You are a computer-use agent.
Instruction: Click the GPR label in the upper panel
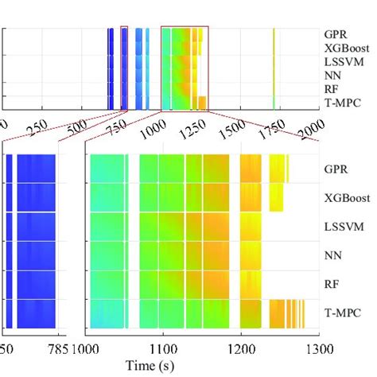pyautogui.click(x=335, y=35)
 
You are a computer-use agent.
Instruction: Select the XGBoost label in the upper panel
pyautogui.click(x=344, y=49)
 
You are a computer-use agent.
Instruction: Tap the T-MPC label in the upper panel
pyautogui.click(x=341, y=101)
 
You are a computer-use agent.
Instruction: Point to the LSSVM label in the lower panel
pyautogui.click(x=343, y=226)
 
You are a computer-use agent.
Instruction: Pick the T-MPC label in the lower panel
pyautogui.click(x=341, y=313)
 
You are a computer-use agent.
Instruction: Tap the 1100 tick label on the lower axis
pyautogui.click(x=162, y=348)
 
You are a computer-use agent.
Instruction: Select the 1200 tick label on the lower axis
pyautogui.click(x=240, y=348)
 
